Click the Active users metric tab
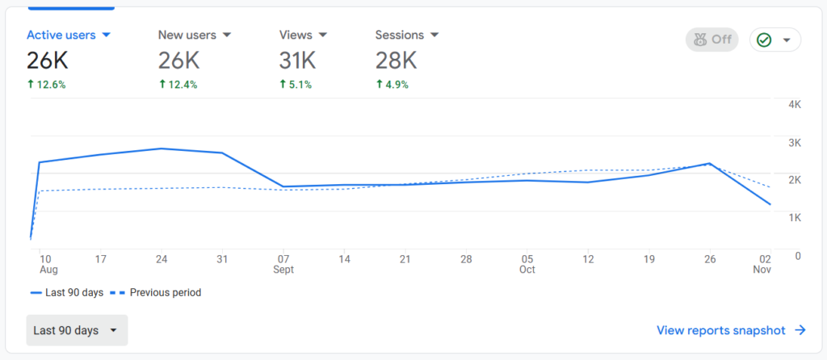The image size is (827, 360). [x=68, y=36]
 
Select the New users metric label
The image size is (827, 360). [x=194, y=36]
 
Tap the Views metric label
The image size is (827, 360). [x=303, y=36]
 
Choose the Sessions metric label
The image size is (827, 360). [x=407, y=36]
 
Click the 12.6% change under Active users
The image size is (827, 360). [x=46, y=84]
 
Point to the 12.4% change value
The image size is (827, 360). [x=178, y=84]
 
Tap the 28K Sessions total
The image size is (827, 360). [x=396, y=60]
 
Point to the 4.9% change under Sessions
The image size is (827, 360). [x=393, y=84]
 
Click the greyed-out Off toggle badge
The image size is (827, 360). [x=712, y=40]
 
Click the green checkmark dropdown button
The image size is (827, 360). [x=775, y=40]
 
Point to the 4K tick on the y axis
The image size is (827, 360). [x=794, y=105]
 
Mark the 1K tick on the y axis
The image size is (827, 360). [x=794, y=218]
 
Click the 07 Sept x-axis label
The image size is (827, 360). [x=283, y=264]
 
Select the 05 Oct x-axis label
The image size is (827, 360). [x=527, y=264]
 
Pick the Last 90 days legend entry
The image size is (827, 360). [x=67, y=293]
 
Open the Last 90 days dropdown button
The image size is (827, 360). [x=77, y=330]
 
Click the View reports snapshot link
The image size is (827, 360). [x=731, y=330]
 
